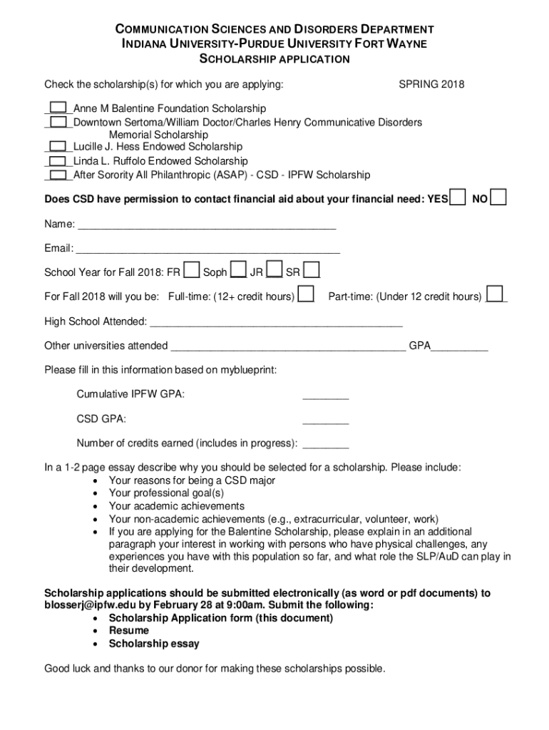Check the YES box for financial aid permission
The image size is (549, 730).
(458, 197)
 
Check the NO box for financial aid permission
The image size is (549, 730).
(499, 197)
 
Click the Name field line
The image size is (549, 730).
(207, 226)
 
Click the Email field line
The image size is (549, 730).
(207, 250)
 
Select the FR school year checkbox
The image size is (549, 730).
(191, 271)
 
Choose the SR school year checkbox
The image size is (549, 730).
(311, 271)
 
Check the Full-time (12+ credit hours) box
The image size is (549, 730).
(306, 294)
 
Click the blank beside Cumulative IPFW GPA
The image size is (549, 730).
(326, 396)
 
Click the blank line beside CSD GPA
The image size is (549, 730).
(326, 421)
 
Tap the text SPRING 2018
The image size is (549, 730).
(431, 85)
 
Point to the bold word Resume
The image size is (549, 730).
(129, 631)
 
